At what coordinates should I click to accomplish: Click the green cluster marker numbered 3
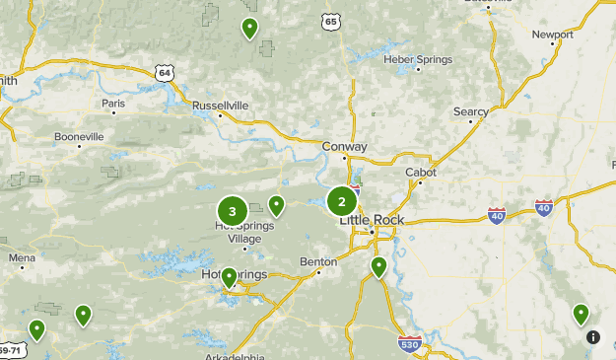pyautogui.click(x=233, y=210)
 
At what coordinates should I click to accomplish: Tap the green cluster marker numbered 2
pyautogui.click(x=342, y=201)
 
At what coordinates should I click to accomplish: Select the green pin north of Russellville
pyautogui.click(x=250, y=29)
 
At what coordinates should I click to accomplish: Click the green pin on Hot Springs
pyautogui.click(x=229, y=278)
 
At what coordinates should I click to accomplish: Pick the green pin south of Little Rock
pyautogui.click(x=378, y=266)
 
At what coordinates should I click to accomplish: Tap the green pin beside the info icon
pyautogui.click(x=582, y=314)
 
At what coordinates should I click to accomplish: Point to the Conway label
pyautogui.click(x=345, y=147)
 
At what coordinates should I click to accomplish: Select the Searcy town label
pyautogui.click(x=471, y=112)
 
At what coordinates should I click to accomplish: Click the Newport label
pyautogui.click(x=552, y=35)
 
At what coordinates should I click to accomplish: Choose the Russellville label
pyautogui.click(x=221, y=106)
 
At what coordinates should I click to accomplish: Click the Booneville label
pyautogui.click(x=79, y=136)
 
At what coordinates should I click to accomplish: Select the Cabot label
pyautogui.click(x=421, y=172)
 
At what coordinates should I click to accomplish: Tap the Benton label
pyautogui.click(x=318, y=262)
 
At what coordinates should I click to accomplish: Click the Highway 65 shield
pyautogui.click(x=331, y=21)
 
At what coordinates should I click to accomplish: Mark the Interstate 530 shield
pyautogui.click(x=410, y=343)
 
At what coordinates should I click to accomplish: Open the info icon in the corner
pyautogui.click(x=593, y=336)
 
